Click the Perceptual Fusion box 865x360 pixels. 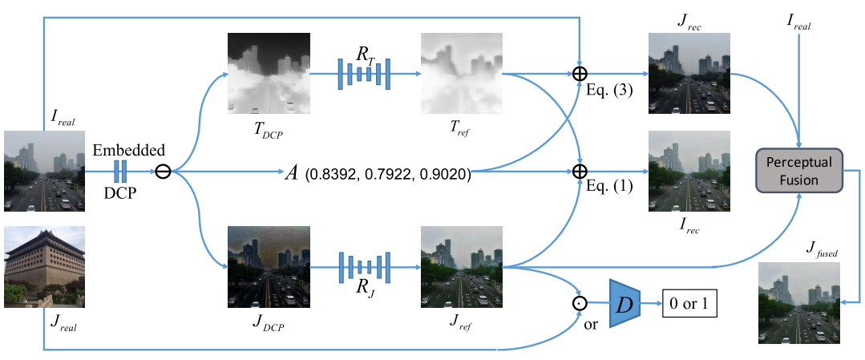click(799, 171)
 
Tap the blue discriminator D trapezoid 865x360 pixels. click(627, 304)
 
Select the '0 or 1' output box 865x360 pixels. click(687, 304)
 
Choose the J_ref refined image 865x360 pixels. click(461, 268)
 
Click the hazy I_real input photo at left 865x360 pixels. click(44, 171)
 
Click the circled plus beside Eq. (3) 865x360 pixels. click(580, 74)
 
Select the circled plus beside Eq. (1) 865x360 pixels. click(580, 172)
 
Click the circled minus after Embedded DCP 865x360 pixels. click(163, 172)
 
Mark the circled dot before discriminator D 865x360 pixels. click(580, 304)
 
